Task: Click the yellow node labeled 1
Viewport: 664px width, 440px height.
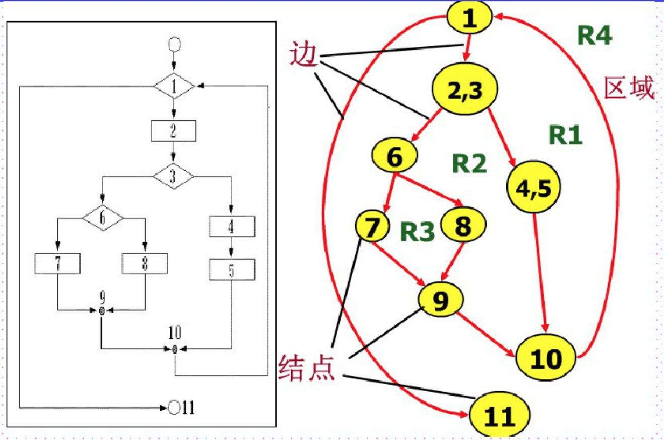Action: coord(470,19)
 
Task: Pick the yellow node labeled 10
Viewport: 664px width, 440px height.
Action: coord(546,358)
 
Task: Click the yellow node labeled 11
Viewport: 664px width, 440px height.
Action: coord(500,416)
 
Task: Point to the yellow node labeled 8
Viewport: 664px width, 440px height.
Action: coord(463,226)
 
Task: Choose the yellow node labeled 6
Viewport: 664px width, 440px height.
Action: coord(395,157)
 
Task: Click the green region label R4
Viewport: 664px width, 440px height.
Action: coord(595,35)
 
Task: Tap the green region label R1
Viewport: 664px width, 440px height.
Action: coord(565,135)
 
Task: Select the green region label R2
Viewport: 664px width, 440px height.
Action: coord(469,164)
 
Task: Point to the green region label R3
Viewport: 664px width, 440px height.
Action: coord(417,232)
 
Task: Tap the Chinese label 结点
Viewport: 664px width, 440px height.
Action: coord(307,368)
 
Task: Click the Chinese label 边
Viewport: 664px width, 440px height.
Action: coord(305,55)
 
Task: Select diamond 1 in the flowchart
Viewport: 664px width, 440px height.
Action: coord(174,87)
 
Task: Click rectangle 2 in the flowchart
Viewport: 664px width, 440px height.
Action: coord(174,132)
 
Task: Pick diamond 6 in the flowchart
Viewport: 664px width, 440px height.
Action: coord(103,218)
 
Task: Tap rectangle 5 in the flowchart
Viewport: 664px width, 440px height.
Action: coord(231,271)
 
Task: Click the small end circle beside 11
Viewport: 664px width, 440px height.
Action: coord(174,407)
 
